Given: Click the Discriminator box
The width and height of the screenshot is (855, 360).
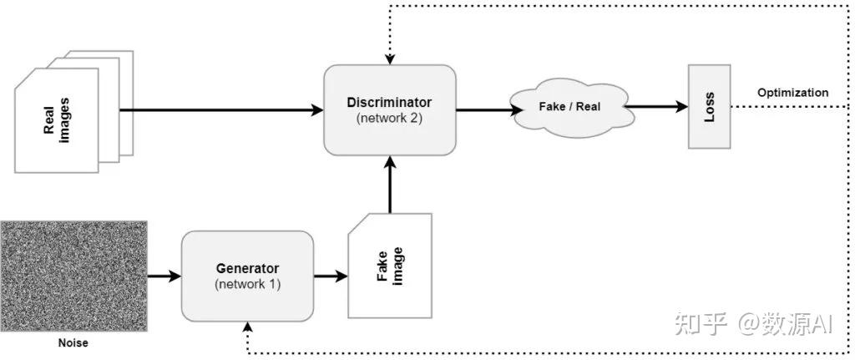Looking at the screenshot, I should [x=389, y=109].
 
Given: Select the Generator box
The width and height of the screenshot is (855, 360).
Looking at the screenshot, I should [x=247, y=276].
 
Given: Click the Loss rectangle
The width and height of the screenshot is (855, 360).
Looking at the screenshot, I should [x=709, y=107].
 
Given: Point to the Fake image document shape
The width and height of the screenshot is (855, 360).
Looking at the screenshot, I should [x=390, y=266].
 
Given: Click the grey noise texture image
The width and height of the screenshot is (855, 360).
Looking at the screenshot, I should [x=73, y=276].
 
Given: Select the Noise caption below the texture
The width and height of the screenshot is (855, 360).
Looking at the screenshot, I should [x=73, y=342].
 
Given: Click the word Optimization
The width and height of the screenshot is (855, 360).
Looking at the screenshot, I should [x=792, y=93].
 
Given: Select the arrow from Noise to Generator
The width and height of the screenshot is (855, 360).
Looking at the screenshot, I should [x=164, y=276].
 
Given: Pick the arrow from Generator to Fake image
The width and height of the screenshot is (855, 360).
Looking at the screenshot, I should [x=331, y=276].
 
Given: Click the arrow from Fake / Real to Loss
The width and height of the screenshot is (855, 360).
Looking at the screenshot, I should [x=655, y=107].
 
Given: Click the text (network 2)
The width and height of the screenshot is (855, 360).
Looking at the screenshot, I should [x=389, y=118].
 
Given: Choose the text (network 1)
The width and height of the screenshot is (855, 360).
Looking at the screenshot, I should [x=247, y=284].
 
